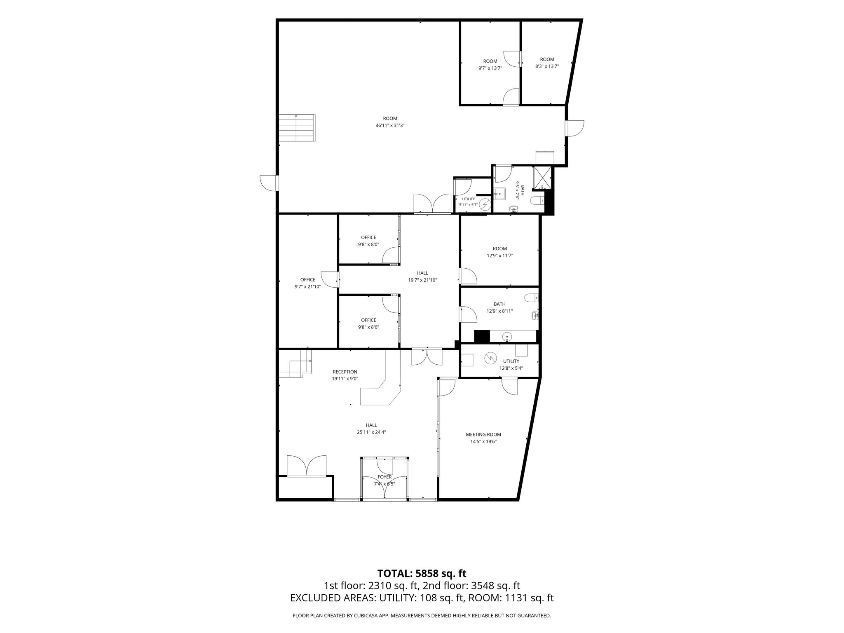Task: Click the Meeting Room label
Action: (483, 434)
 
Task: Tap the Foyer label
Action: (384, 477)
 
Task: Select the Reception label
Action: (345, 372)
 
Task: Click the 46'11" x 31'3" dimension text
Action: (390, 125)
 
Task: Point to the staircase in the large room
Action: (297, 128)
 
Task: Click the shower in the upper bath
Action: (542, 178)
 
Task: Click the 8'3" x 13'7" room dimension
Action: (547, 66)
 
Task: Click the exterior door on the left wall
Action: (268, 183)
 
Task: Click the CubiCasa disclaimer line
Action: (422, 616)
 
